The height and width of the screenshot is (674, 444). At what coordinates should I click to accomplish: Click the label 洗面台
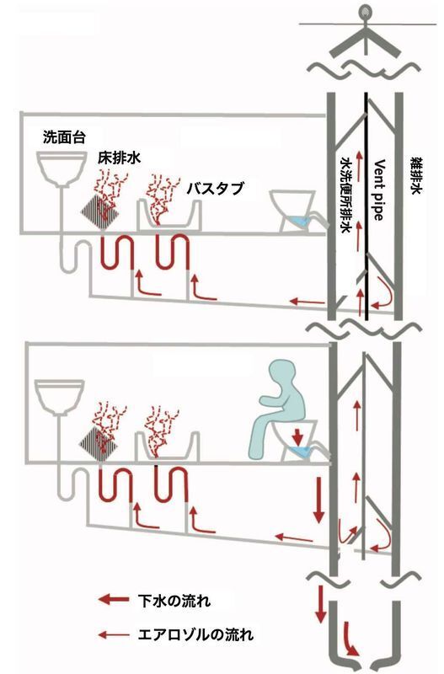point(64,137)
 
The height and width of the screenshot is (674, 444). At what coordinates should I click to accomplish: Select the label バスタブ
point(216,188)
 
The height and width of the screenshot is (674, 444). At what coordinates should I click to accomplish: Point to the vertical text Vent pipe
point(377,190)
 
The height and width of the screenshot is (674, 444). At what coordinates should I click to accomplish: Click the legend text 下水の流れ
point(174,600)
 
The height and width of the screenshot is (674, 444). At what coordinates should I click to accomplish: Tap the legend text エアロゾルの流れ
point(195,634)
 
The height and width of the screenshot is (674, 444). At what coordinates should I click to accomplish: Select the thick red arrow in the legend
point(113,599)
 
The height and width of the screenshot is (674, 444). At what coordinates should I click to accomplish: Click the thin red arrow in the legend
point(113,634)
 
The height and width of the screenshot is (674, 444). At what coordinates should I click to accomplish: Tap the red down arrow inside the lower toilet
point(297,436)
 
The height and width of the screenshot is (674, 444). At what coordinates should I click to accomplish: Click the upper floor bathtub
point(169,216)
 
